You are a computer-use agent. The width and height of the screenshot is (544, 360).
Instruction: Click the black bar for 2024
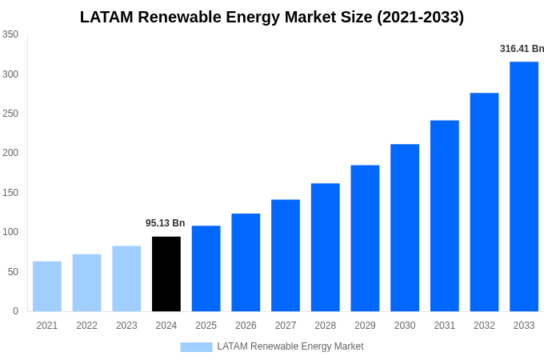(x=166, y=274)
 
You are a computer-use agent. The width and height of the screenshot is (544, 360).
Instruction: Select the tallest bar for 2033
(x=524, y=186)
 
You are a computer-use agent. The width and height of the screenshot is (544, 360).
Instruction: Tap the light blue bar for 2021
(x=47, y=286)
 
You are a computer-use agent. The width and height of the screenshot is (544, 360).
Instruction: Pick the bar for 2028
(x=326, y=247)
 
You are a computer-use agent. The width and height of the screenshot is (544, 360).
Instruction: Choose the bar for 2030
(x=405, y=228)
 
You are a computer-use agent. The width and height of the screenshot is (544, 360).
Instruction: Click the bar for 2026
(x=246, y=262)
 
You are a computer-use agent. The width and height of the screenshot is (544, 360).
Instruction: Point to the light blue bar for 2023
(x=126, y=278)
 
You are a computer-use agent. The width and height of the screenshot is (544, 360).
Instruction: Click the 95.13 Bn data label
(x=165, y=223)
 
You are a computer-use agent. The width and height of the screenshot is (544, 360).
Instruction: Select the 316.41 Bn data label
(x=522, y=49)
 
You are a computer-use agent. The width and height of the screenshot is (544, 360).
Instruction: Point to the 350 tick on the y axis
(x=10, y=34)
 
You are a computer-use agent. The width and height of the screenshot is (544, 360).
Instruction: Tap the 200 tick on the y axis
(x=10, y=153)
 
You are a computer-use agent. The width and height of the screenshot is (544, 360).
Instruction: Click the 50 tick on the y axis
(x=13, y=272)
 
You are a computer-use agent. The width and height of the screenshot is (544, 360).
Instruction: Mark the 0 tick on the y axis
(x=15, y=311)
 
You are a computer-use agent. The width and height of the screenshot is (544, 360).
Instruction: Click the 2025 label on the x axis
(x=206, y=326)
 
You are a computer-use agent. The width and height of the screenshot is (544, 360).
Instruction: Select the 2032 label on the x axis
(x=484, y=326)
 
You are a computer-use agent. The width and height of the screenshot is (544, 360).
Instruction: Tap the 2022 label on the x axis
(x=86, y=326)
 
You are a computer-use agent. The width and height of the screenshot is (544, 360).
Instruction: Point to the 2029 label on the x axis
(x=365, y=326)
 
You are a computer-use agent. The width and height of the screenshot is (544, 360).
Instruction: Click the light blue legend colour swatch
(x=196, y=346)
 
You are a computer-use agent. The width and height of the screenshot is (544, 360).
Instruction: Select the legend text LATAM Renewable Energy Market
(x=290, y=346)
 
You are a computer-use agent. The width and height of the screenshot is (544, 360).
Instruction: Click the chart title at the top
(x=272, y=17)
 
